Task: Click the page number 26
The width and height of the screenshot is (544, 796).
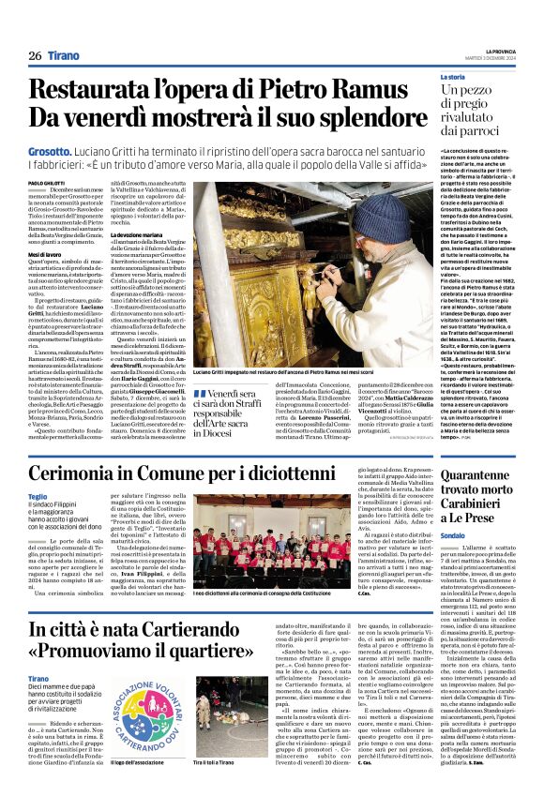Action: (x=35, y=56)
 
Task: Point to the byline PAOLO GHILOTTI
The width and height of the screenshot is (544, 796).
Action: (x=46, y=182)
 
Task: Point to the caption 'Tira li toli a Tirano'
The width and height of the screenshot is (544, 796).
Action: (x=222, y=762)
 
